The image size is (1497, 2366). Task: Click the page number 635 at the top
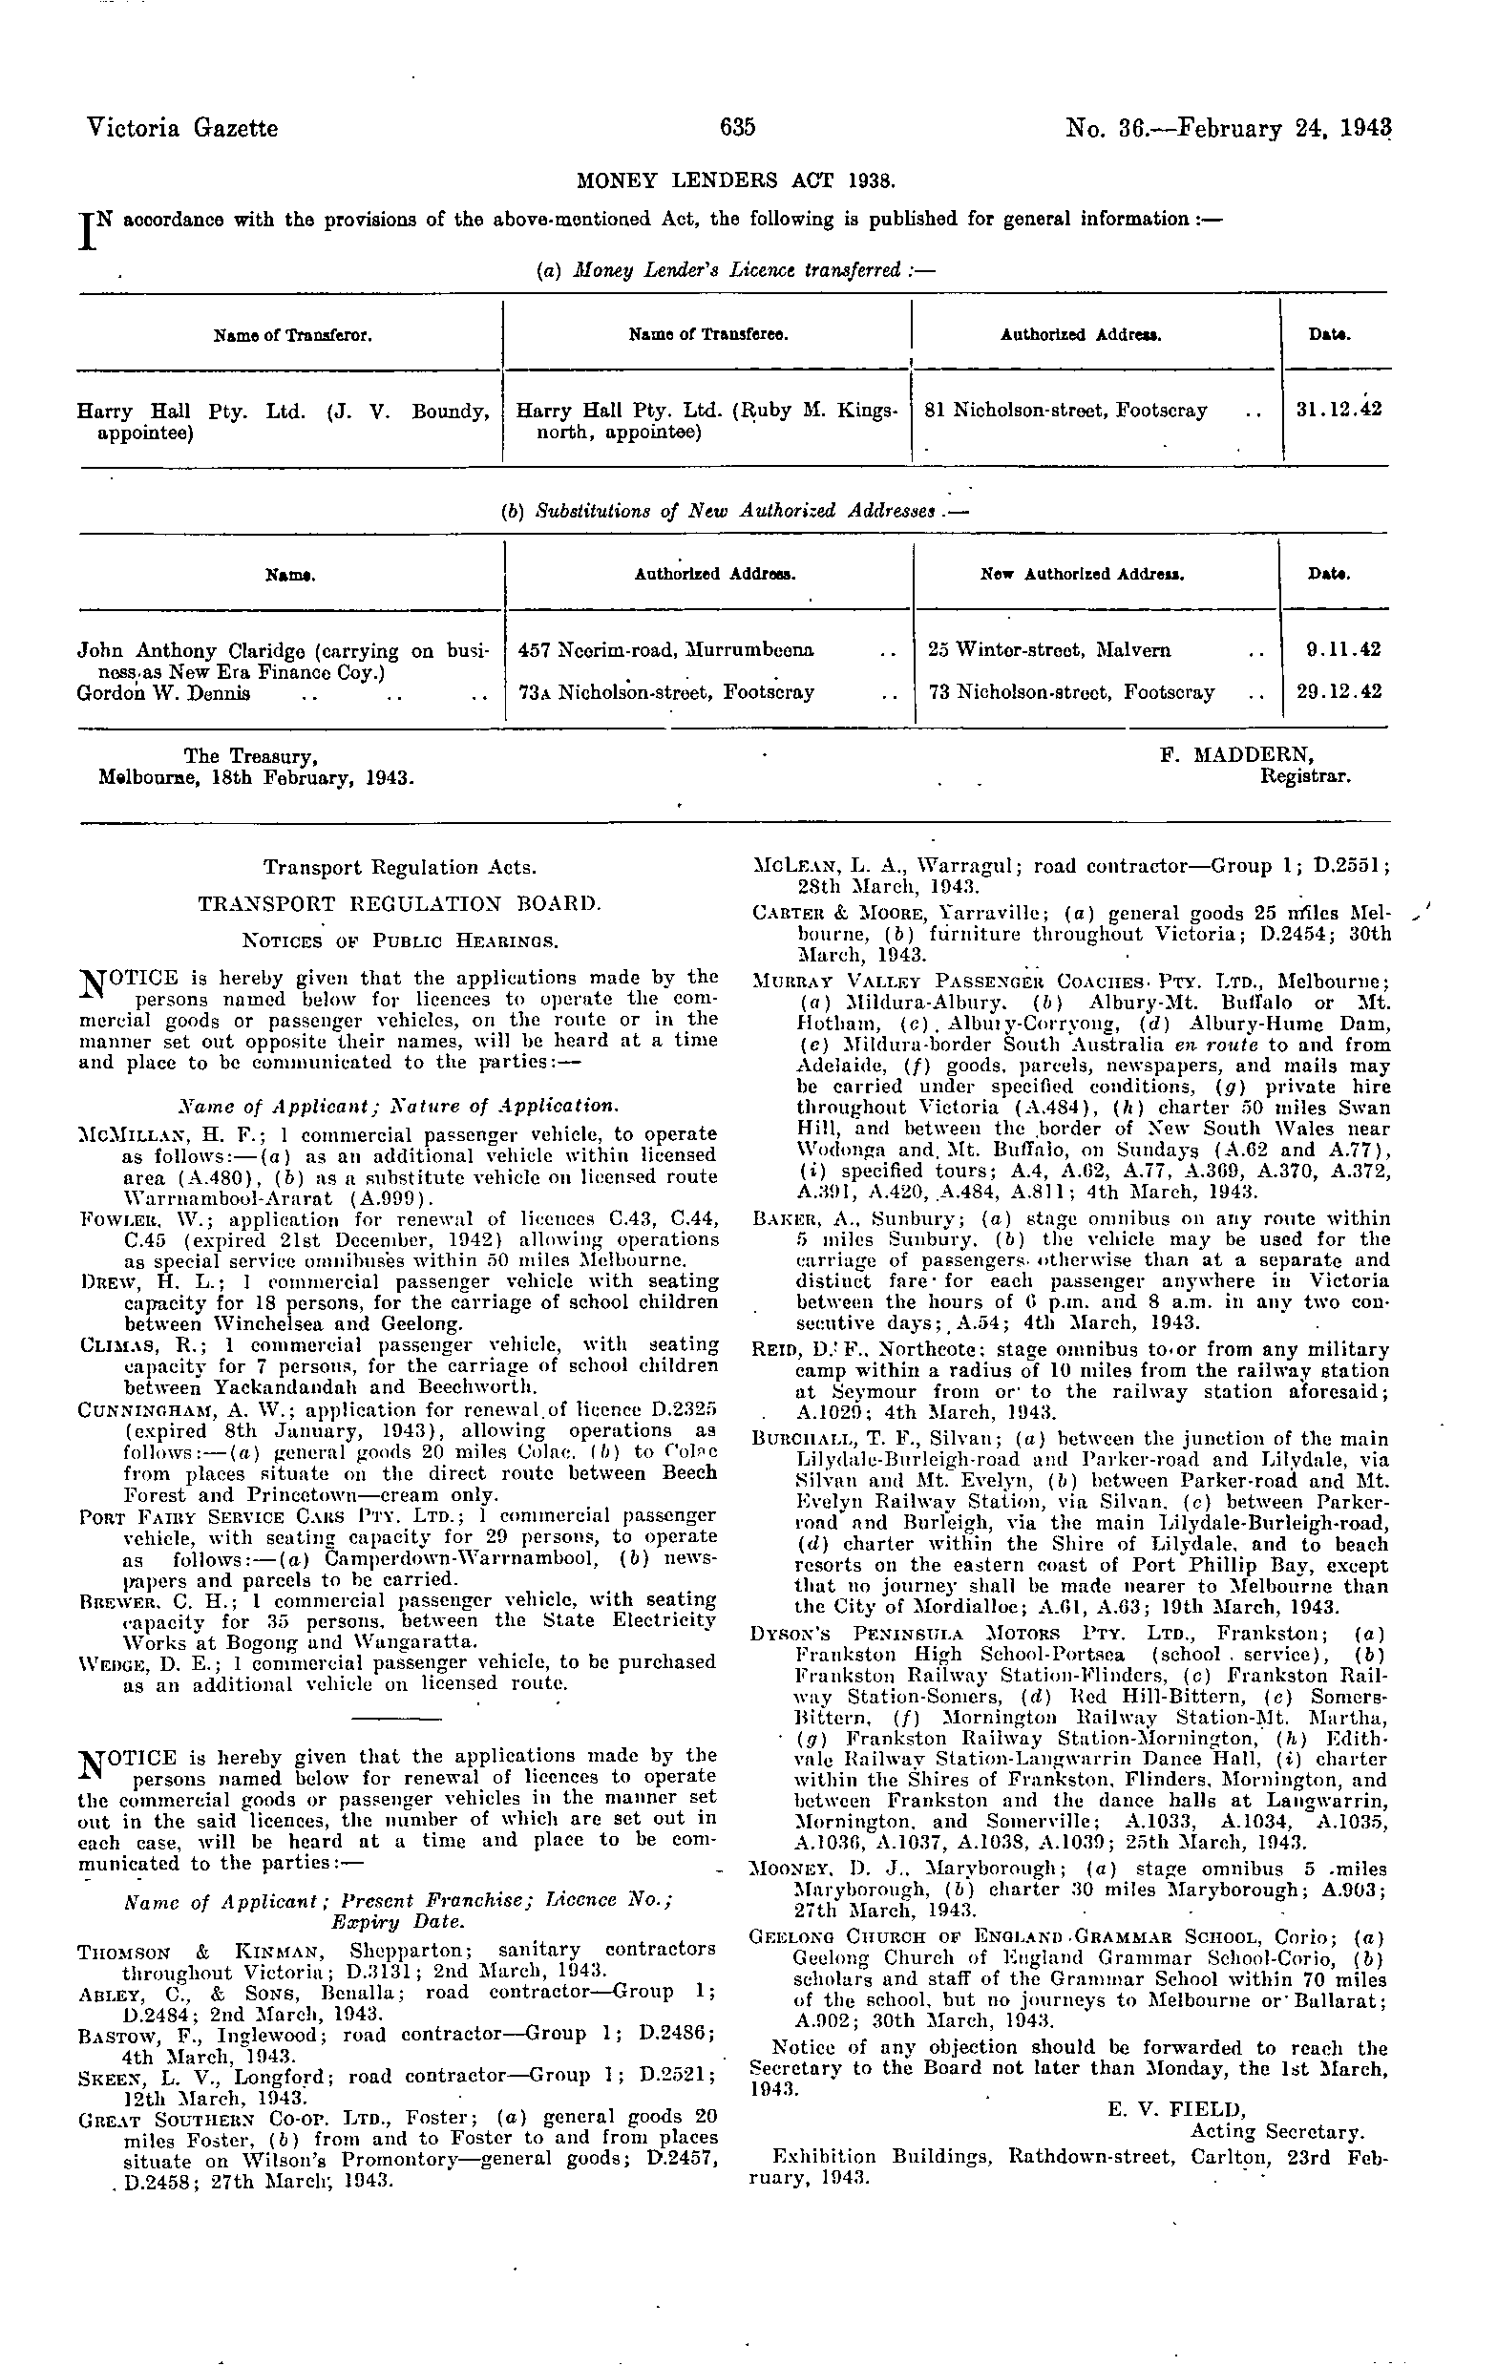click(x=737, y=128)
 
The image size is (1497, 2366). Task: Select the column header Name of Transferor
click(x=292, y=335)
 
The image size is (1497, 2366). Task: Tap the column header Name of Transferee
click(x=707, y=335)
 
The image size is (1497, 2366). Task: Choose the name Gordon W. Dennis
click(x=163, y=692)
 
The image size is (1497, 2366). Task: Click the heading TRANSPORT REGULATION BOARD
click(x=399, y=903)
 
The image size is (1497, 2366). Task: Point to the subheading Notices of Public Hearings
click(x=400, y=940)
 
